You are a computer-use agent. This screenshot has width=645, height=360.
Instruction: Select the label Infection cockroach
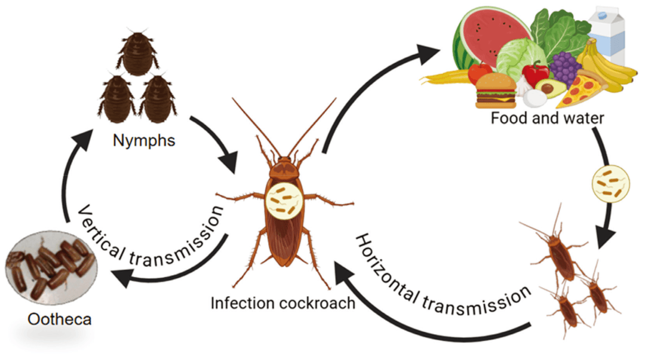(x=283, y=303)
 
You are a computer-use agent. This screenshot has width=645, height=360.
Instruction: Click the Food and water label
(x=547, y=118)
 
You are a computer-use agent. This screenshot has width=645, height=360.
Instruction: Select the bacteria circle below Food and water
(x=607, y=182)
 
